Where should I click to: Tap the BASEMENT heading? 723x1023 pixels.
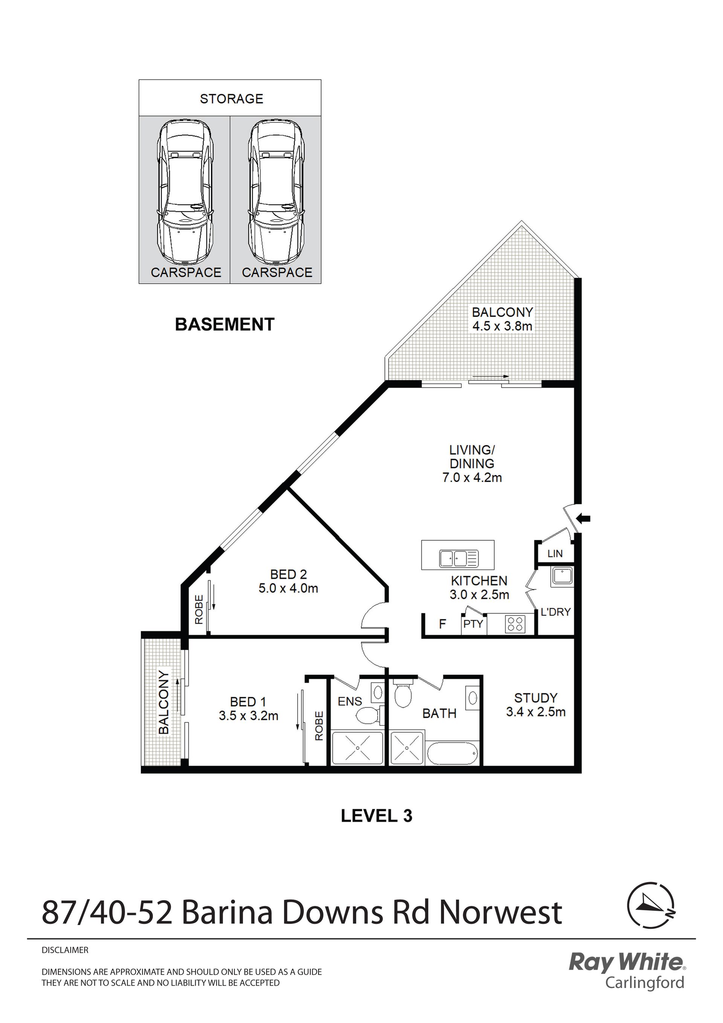coord(224,324)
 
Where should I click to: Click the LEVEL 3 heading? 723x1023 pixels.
coord(377,816)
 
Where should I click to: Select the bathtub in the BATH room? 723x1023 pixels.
coord(453,753)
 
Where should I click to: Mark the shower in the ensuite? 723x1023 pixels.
coord(357,748)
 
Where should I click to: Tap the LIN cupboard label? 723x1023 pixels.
coord(555,553)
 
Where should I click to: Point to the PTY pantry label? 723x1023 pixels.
coord(473,624)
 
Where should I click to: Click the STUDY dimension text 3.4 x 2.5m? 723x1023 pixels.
coord(535,712)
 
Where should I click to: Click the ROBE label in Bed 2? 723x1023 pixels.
coord(199,609)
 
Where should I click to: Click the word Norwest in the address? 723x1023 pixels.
coord(501,912)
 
